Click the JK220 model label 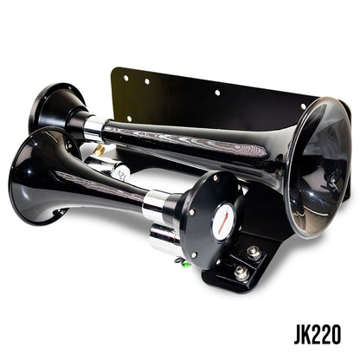316,333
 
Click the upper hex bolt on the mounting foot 254,253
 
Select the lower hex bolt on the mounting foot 240,273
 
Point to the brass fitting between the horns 99,151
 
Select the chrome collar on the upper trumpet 93,128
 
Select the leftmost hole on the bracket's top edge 125,77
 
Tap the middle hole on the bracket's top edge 216,92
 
